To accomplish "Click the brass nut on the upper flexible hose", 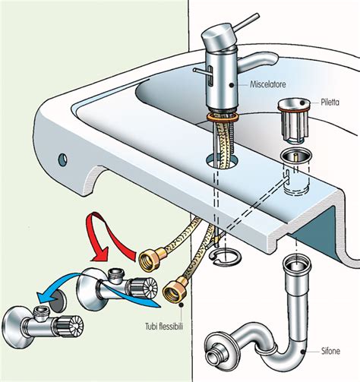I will pos(147,259).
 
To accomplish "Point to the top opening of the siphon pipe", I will pos(295,264).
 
